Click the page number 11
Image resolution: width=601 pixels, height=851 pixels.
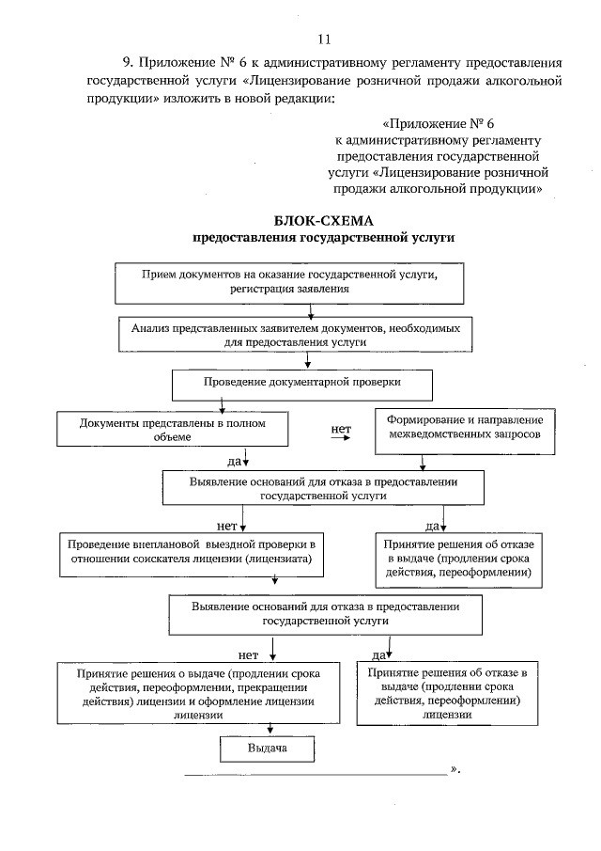tap(324, 39)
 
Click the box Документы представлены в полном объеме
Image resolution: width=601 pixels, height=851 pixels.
tap(172, 429)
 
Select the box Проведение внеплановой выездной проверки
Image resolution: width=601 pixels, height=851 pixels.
tap(196, 555)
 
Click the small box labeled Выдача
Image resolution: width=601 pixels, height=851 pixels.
tap(267, 749)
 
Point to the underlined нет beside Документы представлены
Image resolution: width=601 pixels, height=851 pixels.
tap(341, 431)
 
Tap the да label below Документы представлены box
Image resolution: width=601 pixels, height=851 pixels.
tap(234, 462)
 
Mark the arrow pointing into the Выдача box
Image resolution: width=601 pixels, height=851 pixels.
tap(271, 726)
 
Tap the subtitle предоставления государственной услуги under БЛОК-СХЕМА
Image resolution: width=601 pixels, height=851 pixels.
tap(323, 239)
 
